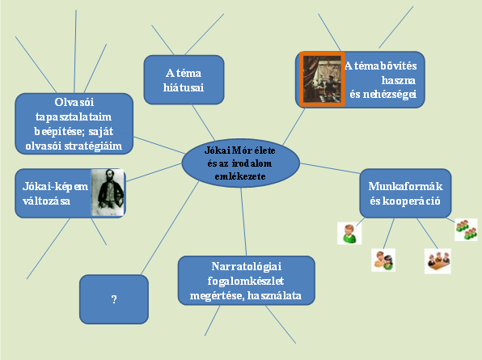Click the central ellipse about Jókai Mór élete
click(x=240, y=163)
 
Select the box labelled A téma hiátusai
click(x=184, y=80)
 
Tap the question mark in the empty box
click(x=114, y=299)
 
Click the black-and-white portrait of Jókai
click(x=108, y=193)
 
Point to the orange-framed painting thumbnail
click(x=322, y=79)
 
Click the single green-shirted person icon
click(x=349, y=233)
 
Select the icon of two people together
click(x=383, y=260)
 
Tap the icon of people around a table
click(x=438, y=261)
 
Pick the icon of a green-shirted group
click(x=466, y=230)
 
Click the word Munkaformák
click(x=405, y=186)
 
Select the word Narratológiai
click(x=246, y=266)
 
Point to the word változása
click(x=46, y=201)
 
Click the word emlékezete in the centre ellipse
click(x=240, y=176)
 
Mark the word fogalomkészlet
click(x=245, y=281)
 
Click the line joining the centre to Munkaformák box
click(x=330, y=169)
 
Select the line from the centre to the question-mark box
click(x=170, y=228)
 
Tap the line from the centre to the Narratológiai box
click(x=243, y=222)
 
